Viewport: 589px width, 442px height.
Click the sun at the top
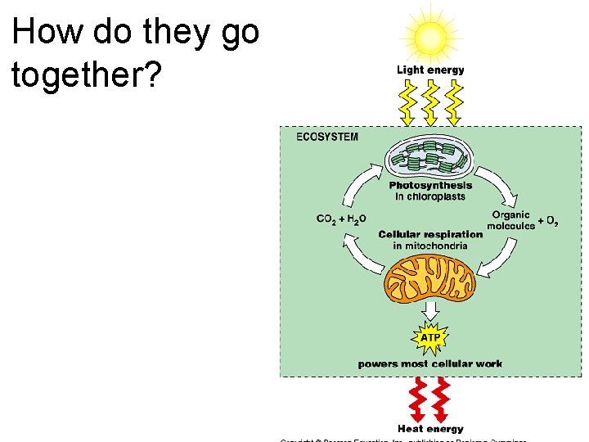[x=430, y=36]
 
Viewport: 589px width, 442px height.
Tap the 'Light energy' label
[x=430, y=70]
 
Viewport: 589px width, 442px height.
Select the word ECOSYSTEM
[x=327, y=137]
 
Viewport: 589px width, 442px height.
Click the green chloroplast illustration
[x=430, y=158]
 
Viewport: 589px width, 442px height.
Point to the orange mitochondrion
[x=430, y=277]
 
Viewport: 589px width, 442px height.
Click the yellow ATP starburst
[x=430, y=337]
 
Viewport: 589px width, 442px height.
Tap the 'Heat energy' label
[x=430, y=429]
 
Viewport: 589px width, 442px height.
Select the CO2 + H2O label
[x=342, y=219]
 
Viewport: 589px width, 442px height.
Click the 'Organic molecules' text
[x=510, y=220]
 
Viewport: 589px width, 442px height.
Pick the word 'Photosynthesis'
[x=430, y=186]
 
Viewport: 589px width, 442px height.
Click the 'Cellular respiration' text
[x=430, y=234]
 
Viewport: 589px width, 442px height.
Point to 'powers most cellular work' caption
[x=430, y=363]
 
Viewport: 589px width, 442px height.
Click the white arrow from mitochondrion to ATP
[x=430, y=310]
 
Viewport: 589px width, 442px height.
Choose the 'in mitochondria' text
[x=430, y=246]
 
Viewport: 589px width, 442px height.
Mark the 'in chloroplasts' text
[x=430, y=196]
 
